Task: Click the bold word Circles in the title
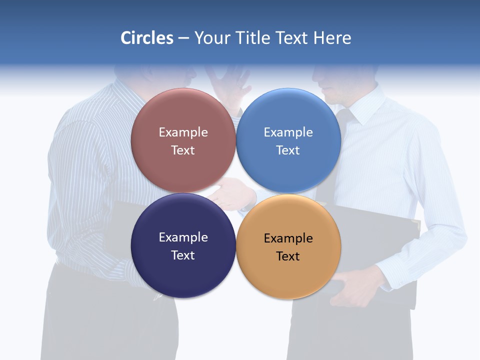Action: [146, 38]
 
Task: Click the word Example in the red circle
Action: [183, 132]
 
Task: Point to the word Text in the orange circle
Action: [288, 256]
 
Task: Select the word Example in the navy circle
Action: [183, 237]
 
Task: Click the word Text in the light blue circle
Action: [288, 150]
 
